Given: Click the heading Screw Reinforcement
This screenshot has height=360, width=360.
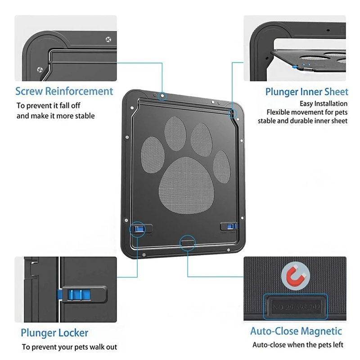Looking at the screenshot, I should click(x=64, y=91).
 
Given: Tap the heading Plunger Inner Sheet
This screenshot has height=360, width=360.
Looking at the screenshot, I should click(x=306, y=92).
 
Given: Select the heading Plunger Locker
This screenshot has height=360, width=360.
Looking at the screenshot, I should click(x=54, y=333).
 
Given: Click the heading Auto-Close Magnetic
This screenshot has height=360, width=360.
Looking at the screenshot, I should click(x=296, y=332).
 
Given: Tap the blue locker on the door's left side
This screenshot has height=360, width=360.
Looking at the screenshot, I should click(x=138, y=229).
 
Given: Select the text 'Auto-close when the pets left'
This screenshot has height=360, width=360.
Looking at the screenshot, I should click(x=297, y=345).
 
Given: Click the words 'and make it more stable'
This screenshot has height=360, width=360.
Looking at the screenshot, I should click(x=56, y=116).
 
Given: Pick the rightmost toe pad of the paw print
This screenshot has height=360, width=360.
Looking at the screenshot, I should click(x=221, y=166).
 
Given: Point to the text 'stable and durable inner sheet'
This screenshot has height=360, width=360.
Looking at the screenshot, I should click(x=302, y=121).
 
